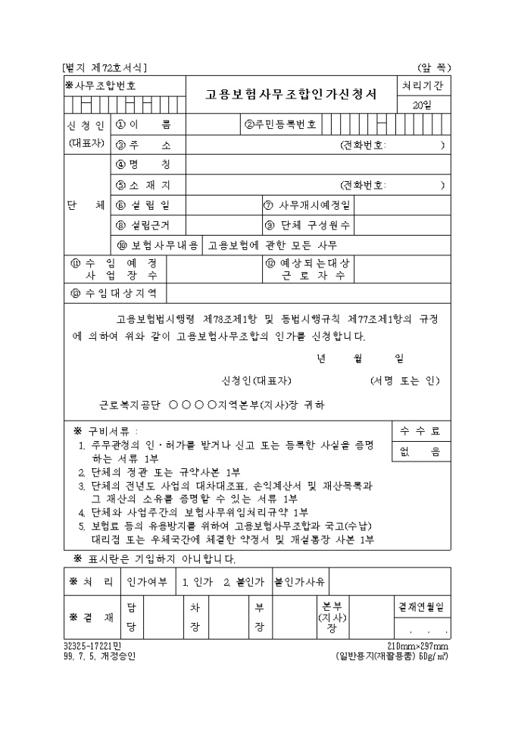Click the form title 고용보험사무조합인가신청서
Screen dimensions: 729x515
click(291, 95)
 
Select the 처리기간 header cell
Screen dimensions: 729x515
click(422, 86)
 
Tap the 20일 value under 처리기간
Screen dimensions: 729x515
click(422, 105)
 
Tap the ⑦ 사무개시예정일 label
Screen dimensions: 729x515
click(307, 205)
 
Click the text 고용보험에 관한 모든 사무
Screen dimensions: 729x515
click(273, 246)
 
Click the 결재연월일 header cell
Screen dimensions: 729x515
click(421, 608)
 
